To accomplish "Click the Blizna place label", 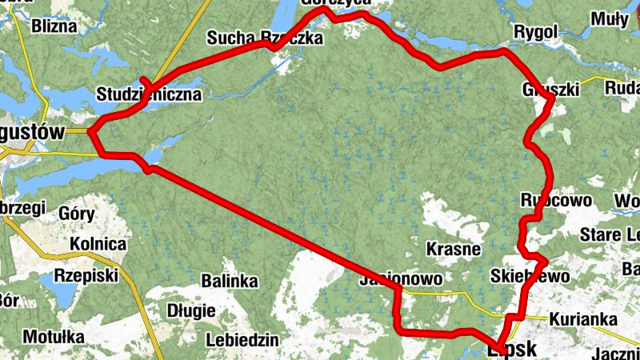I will click(x=54, y=26).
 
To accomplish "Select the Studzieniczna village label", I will click(x=149, y=94).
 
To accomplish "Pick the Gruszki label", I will click(x=550, y=90).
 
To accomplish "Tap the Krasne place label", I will click(x=454, y=248).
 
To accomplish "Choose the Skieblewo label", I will click(x=530, y=277).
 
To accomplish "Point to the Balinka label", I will click(x=230, y=282).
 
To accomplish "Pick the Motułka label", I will click(x=53, y=337).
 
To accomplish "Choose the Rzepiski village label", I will click(x=85, y=275).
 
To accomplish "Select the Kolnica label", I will click(x=98, y=243).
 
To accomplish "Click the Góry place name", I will click(x=78, y=214).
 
